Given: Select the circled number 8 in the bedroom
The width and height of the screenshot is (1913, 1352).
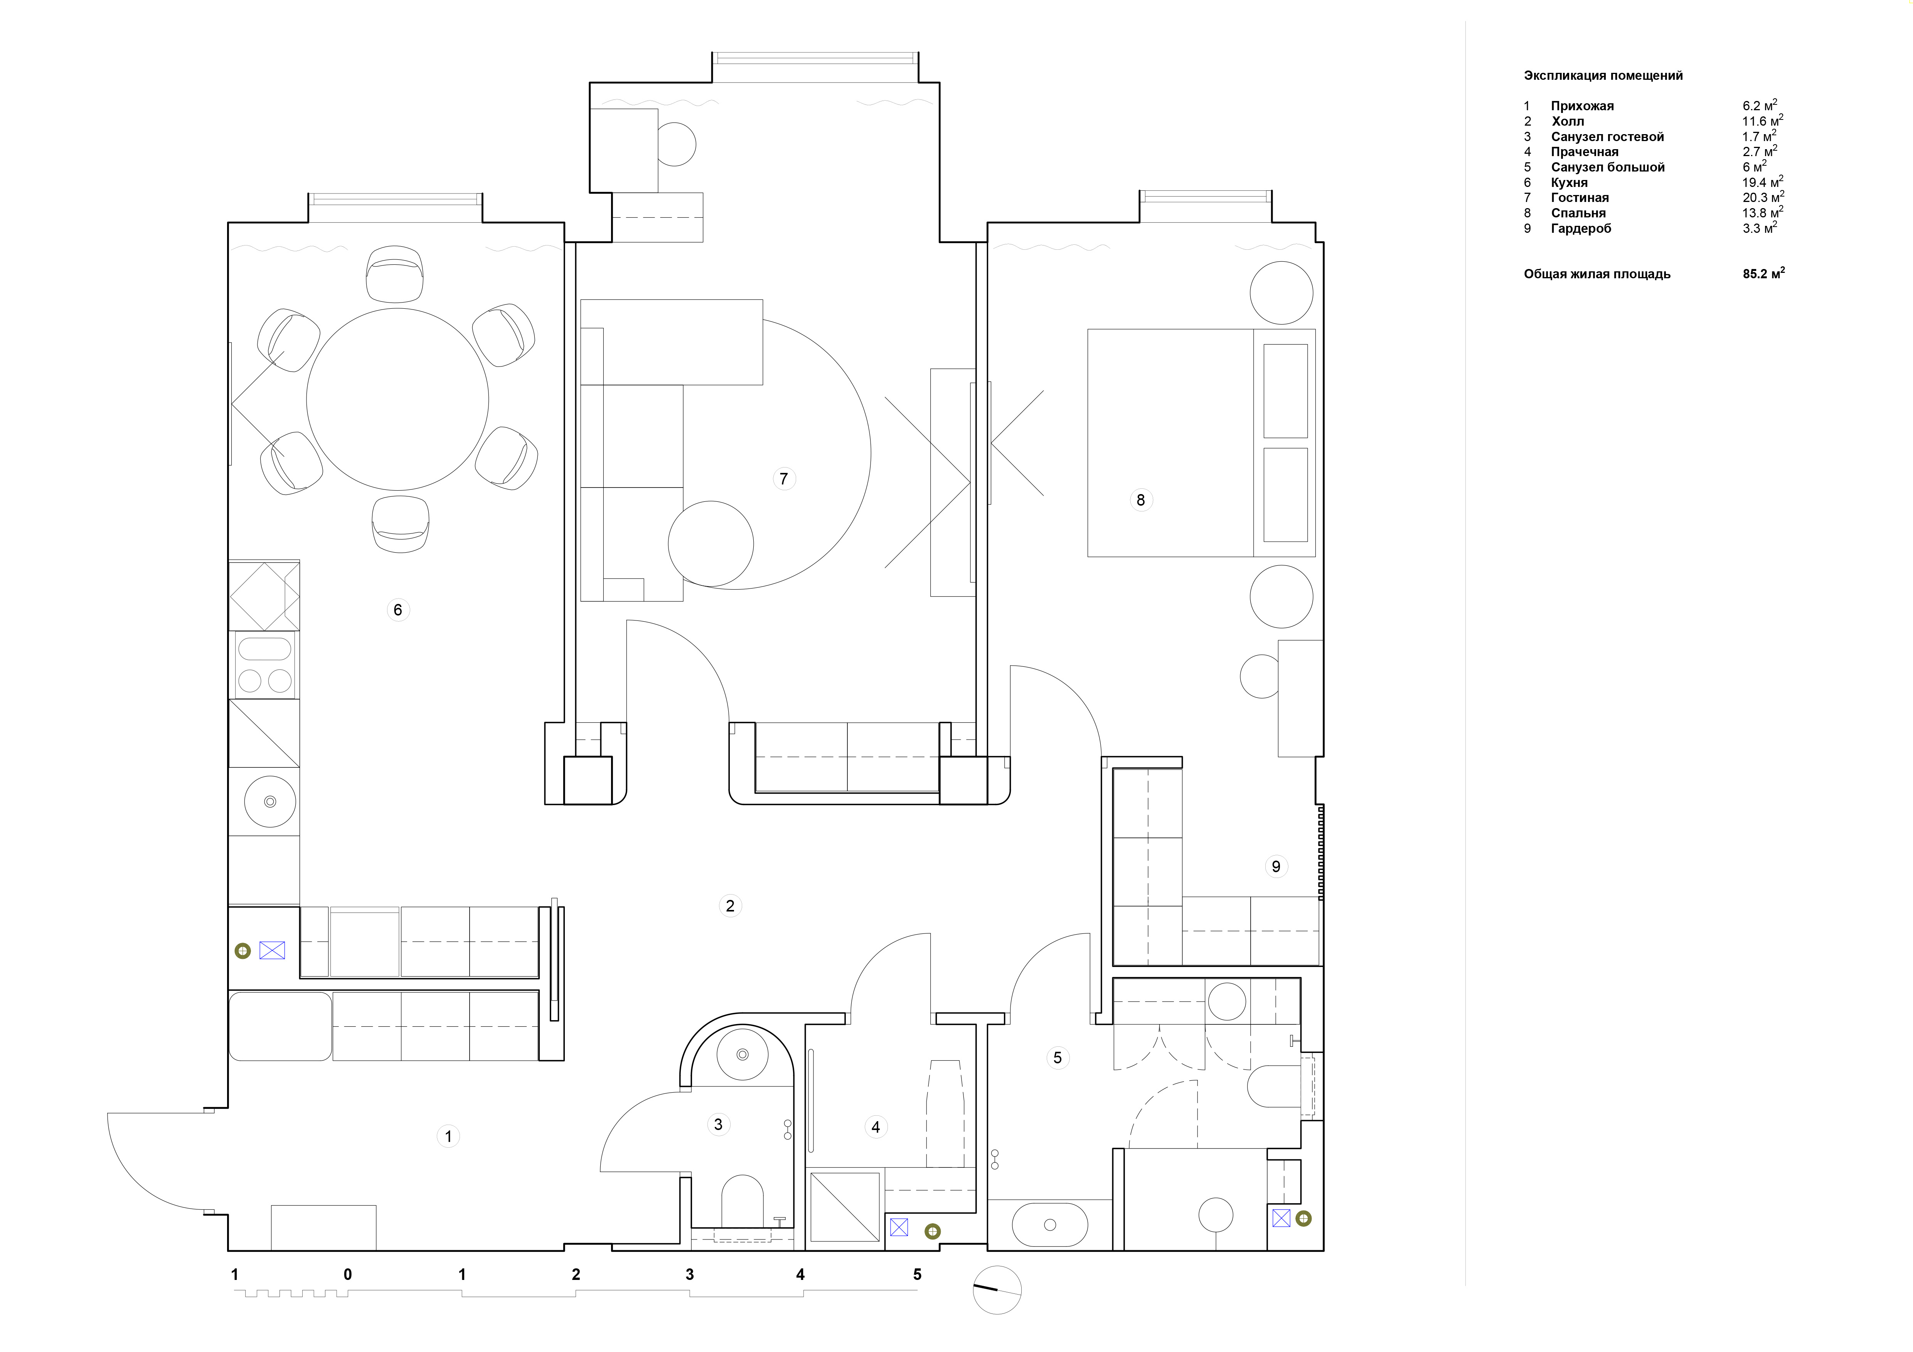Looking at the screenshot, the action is click(x=1141, y=500).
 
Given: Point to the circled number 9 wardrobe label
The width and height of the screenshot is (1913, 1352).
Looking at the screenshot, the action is click(x=1276, y=866).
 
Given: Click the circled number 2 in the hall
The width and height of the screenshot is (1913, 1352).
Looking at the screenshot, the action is click(x=730, y=905).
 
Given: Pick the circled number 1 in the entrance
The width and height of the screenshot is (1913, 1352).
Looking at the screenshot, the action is click(x=448, y=1136).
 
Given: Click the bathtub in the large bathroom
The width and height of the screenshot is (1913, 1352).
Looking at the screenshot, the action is click(x=1050, y=1224).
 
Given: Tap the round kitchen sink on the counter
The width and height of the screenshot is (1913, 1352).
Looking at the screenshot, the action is click(x=270, y=801).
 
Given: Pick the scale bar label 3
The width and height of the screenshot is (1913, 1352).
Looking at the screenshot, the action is click(x=689, y=1275).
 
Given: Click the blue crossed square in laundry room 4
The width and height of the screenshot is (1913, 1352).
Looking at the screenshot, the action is click(x=899, y=1227).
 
